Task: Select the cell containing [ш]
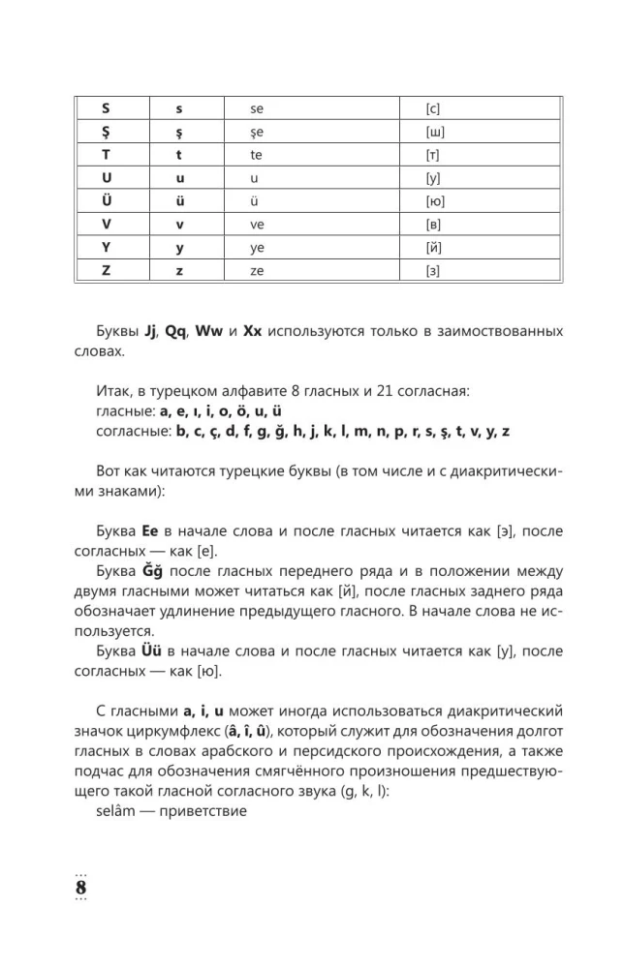(x=434, y=132)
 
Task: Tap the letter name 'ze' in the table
(x=257, y=271)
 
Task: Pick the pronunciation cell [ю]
(x=434, y=201)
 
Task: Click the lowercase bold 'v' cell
(x=179, y=225)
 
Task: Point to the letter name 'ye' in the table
(x=257, y=248)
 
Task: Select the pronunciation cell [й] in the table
(x=434, y=248)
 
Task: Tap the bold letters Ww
(x=215, y=331)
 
